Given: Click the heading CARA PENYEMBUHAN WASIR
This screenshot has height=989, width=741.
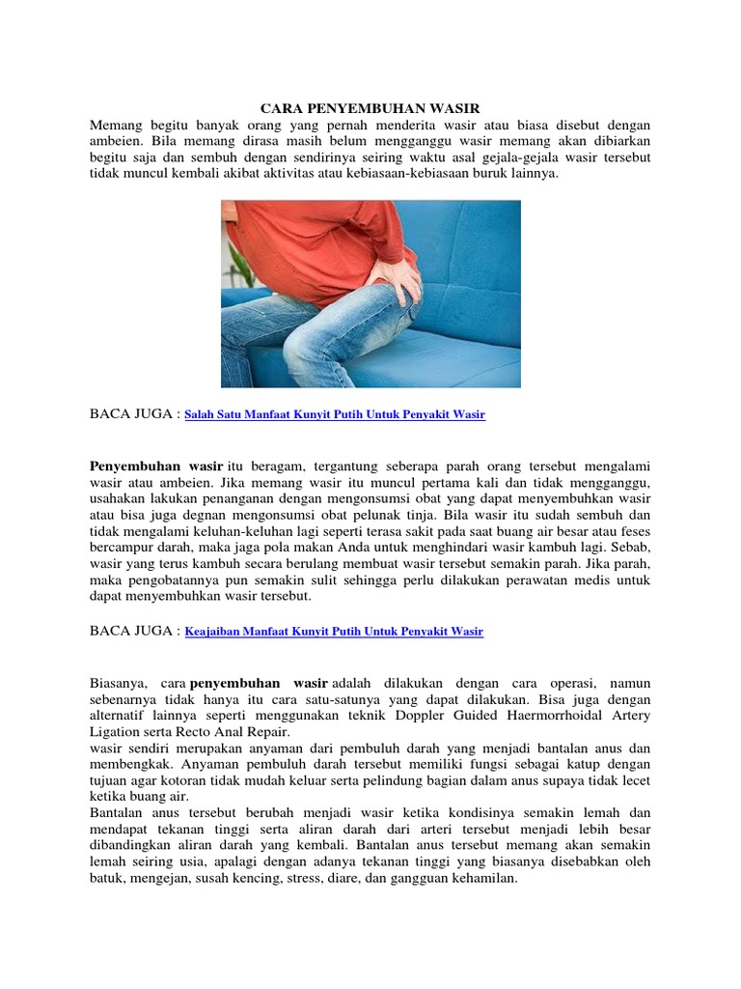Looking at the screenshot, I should click(x=370, y=108).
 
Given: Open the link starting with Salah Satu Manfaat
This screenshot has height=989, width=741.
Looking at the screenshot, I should click(x=335, y=414).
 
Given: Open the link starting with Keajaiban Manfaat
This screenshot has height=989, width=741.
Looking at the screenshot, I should click(x=334, y=632).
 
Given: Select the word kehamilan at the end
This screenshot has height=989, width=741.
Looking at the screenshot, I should click(x=486, y=879).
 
